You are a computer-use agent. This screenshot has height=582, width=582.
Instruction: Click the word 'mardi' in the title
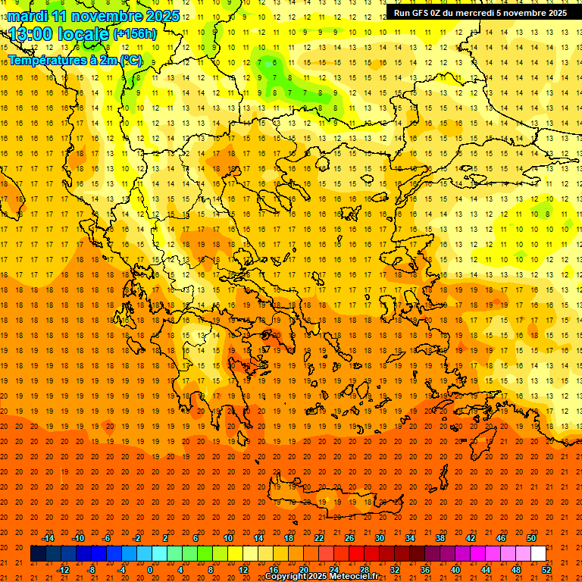point(30,16)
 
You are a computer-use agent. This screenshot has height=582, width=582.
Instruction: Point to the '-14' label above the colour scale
point(48,538)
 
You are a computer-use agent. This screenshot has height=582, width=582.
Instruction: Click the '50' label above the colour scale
point(530,538)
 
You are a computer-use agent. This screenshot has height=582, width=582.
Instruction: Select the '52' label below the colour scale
point(546,570)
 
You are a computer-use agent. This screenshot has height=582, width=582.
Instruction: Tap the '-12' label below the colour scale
point(63,570)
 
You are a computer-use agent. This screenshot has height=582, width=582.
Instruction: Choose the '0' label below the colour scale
point(150,570)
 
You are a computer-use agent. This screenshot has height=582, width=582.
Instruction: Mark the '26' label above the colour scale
point(349,538)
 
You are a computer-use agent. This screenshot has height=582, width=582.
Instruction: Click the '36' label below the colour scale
point(425,570)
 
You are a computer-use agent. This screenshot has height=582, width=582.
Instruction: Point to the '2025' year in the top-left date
point(161,16)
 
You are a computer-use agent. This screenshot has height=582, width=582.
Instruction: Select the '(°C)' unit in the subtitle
point(130,60)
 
